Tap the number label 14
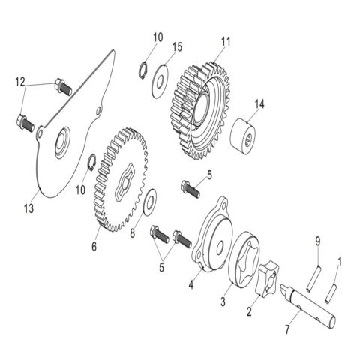pos(260,103)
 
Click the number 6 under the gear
pos(94,244)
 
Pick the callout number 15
pos(177,47)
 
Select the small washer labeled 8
pos(150,200)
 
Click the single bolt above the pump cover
pos(190,187)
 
